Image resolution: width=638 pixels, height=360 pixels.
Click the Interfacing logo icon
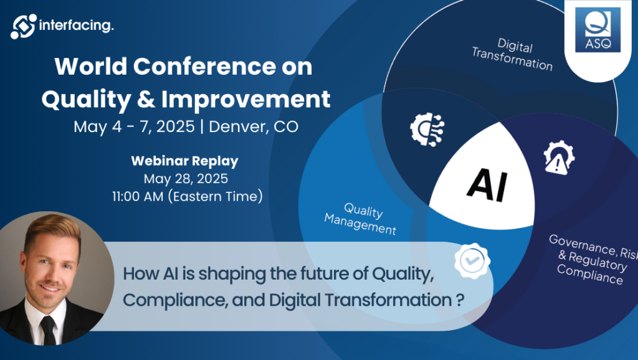tap(23, 26)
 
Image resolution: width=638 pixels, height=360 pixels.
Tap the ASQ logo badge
tap(598, 30)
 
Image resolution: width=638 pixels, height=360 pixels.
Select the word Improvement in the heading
tap(245, 99)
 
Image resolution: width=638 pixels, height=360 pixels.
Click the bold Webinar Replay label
tap(184, 161)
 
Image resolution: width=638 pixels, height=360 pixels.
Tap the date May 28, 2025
tap(186, 179)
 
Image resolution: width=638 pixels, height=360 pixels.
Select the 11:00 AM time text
tap(138, 196)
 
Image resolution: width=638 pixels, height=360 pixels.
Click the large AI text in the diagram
tap(487, 185)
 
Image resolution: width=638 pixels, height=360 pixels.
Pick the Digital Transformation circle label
tap(513, 54)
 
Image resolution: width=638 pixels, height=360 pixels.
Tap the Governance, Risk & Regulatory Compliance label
tap(592, 259)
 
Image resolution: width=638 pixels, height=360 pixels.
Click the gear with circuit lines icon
tap(427, 129)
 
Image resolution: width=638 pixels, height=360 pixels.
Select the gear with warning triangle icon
tap(559, 158)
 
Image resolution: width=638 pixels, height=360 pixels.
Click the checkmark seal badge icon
tap(472, 261)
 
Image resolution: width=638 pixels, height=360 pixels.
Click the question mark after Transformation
tap(460, 301)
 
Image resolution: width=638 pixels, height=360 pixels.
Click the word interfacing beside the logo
tap(77, 26)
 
